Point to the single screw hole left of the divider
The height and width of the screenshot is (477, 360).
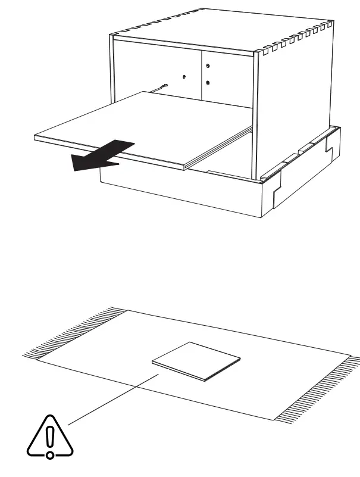click(x=184, y=77)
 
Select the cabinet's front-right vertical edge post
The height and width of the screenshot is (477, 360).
click(x=256, y=113)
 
